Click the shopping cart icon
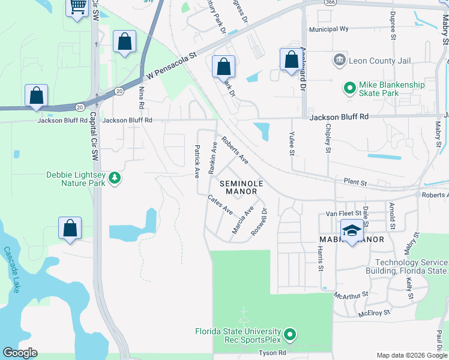coord(77,7)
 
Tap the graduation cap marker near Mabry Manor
coord(352,230)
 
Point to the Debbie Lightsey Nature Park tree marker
coord(115,178)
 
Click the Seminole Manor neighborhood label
coord(238,187)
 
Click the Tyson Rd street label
coord(273,353)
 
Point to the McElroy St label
coord(375,313)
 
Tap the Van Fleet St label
coord(343,213)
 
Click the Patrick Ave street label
coord(197,161)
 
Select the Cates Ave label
coord(220,205)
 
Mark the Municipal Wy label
coord(328,29)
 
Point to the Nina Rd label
coord(142,97)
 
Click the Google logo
coord(20,353)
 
